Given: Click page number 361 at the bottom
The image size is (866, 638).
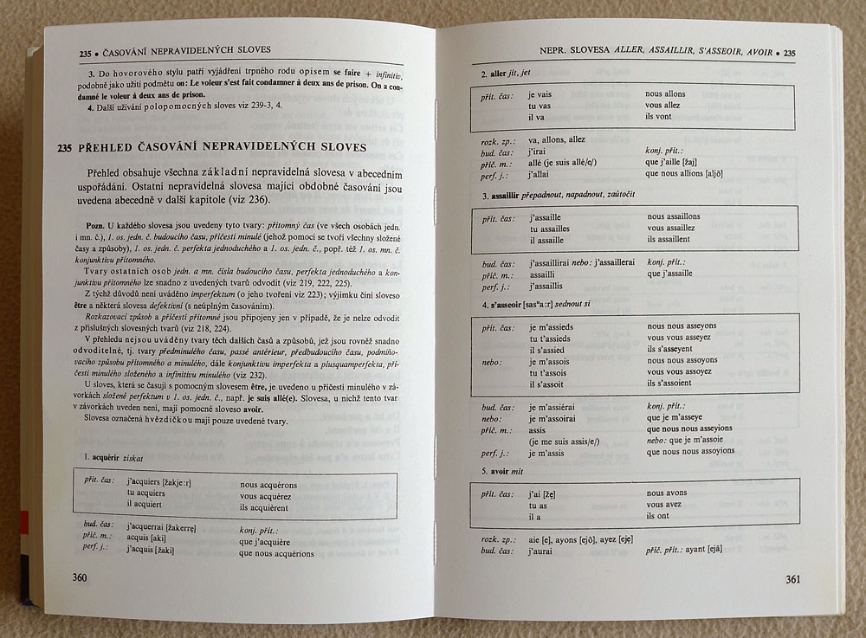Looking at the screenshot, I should tap(797, 579).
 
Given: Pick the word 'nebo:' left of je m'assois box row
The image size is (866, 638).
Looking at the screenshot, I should tap(495, 360).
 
